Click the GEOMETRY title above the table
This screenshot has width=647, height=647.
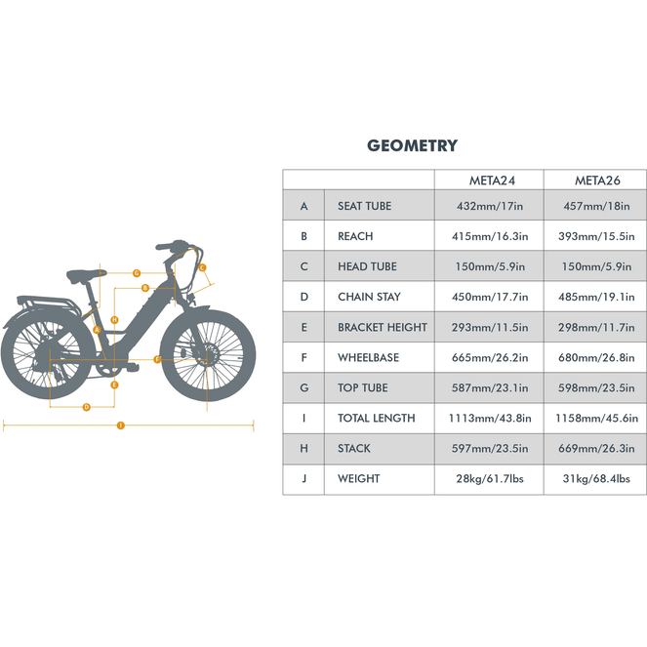click(x=412, y=145)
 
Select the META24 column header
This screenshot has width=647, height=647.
click(x=487, y=180)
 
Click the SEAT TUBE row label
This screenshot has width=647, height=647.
click(x=364, y=206)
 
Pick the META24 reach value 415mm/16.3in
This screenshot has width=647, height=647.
click(x=492, y=236)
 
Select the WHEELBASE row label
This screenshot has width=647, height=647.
click(x=362, y=358)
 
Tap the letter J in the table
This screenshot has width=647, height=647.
click(x=303, y=479)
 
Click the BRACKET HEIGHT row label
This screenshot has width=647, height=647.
click(x=383, y=328)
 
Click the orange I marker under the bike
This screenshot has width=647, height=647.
click(x=120, y=425)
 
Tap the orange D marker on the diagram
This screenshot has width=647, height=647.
click(x=86, y=406)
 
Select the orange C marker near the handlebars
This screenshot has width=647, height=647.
click(x=202, y=267)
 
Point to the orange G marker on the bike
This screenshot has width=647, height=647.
click(x=137, y=272)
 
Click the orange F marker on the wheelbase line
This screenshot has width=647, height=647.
click(x=157, y=359)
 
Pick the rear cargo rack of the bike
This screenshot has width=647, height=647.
click(x=44, y=303)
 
